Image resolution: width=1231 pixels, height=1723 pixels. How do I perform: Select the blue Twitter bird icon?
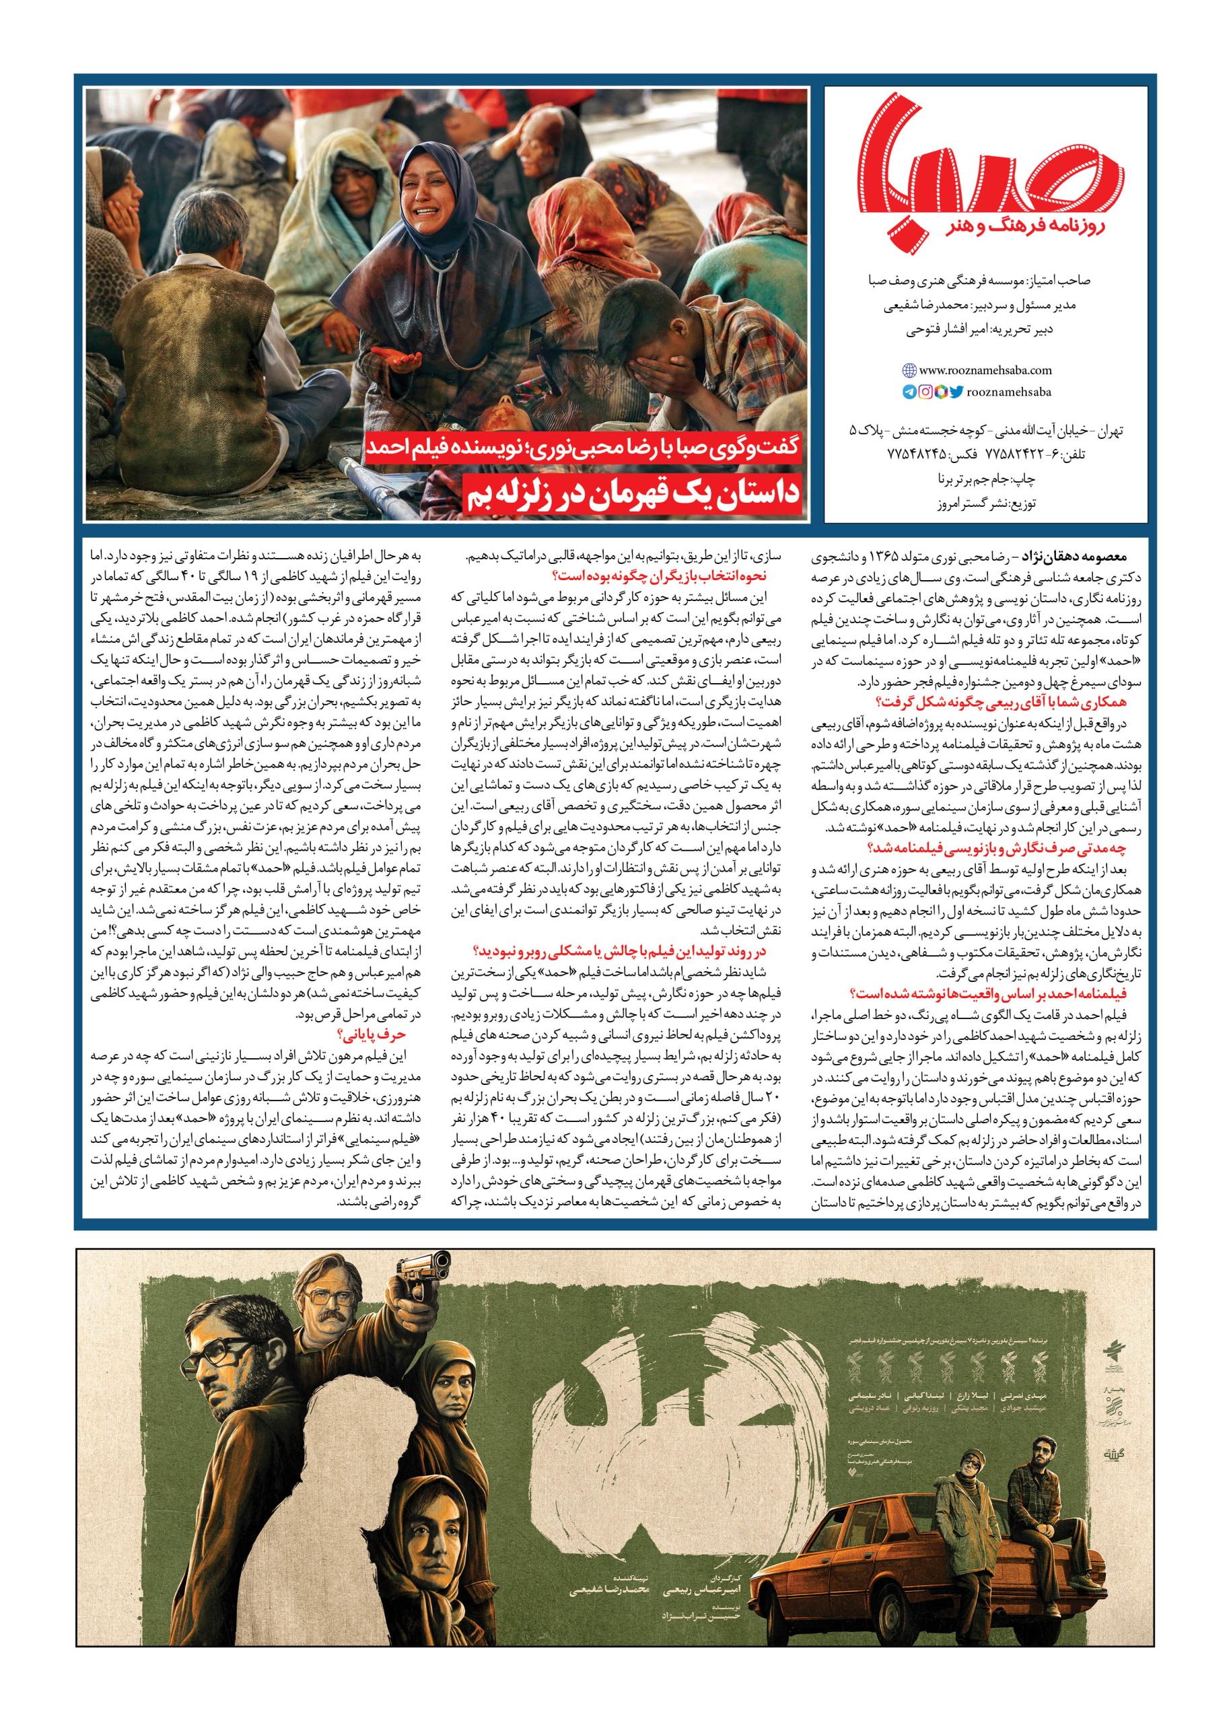point(956,392)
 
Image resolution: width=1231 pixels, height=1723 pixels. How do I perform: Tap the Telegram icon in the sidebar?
point(909,392)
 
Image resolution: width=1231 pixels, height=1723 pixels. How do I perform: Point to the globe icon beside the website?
point(909,371)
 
